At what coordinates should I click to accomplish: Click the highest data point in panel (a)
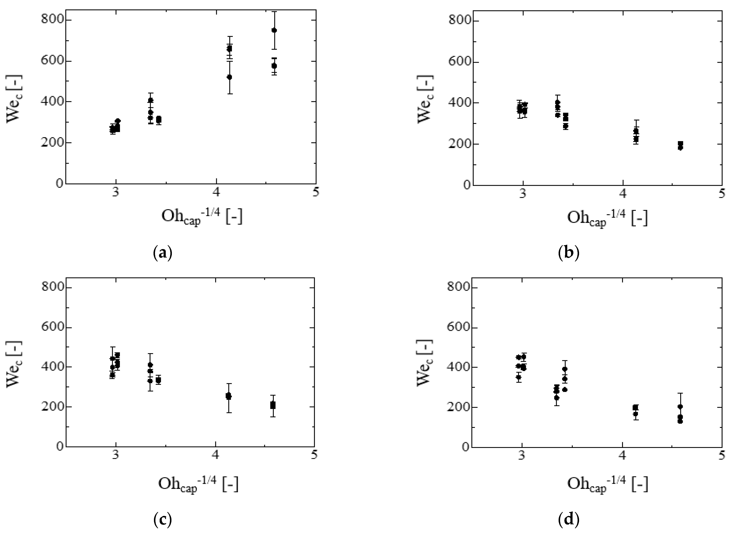pos(274,30)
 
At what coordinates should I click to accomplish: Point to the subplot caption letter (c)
pos(162,520)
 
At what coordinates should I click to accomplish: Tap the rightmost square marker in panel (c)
pos(273,405)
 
